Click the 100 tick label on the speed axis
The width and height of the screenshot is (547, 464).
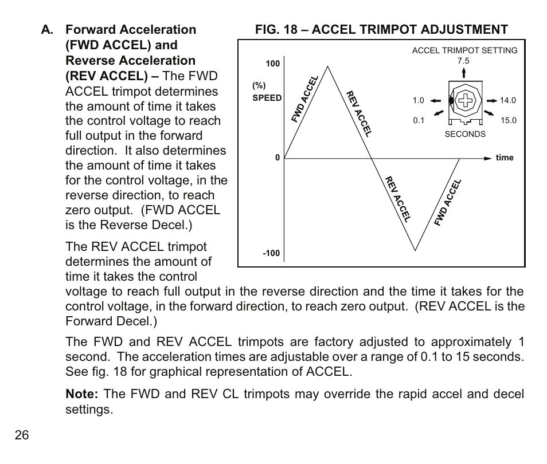(x=272, y=64)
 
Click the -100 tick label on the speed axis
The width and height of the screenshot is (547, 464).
(x=271, y=253)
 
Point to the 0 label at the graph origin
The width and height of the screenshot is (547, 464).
(x=277, y=158)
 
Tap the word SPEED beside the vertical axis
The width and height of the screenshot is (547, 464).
(x=267, y=98)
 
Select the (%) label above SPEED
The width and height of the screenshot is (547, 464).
(x=259, y=86)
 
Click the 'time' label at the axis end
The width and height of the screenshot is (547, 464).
(x=505, y=158)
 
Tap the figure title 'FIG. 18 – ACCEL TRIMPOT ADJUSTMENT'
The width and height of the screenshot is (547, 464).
(x=381, y=30)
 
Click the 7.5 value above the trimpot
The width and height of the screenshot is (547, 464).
(x=463, y=61)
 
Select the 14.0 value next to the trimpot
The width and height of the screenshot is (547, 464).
(x=508, y=100)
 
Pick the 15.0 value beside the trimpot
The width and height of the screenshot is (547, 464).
(x=508, y=120)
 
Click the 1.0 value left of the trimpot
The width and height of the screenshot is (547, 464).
(x=418, y=100)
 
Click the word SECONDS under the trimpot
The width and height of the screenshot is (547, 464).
(x=465, y=134)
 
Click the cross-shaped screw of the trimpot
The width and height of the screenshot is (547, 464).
(x=466, y=100)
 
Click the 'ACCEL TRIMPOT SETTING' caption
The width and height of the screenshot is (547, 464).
(x=464, y=50)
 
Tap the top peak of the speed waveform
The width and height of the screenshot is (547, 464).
(x=328, y=66)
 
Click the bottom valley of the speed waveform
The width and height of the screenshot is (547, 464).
(x=416, y=250)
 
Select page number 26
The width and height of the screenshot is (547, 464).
(x=22, y=435)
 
